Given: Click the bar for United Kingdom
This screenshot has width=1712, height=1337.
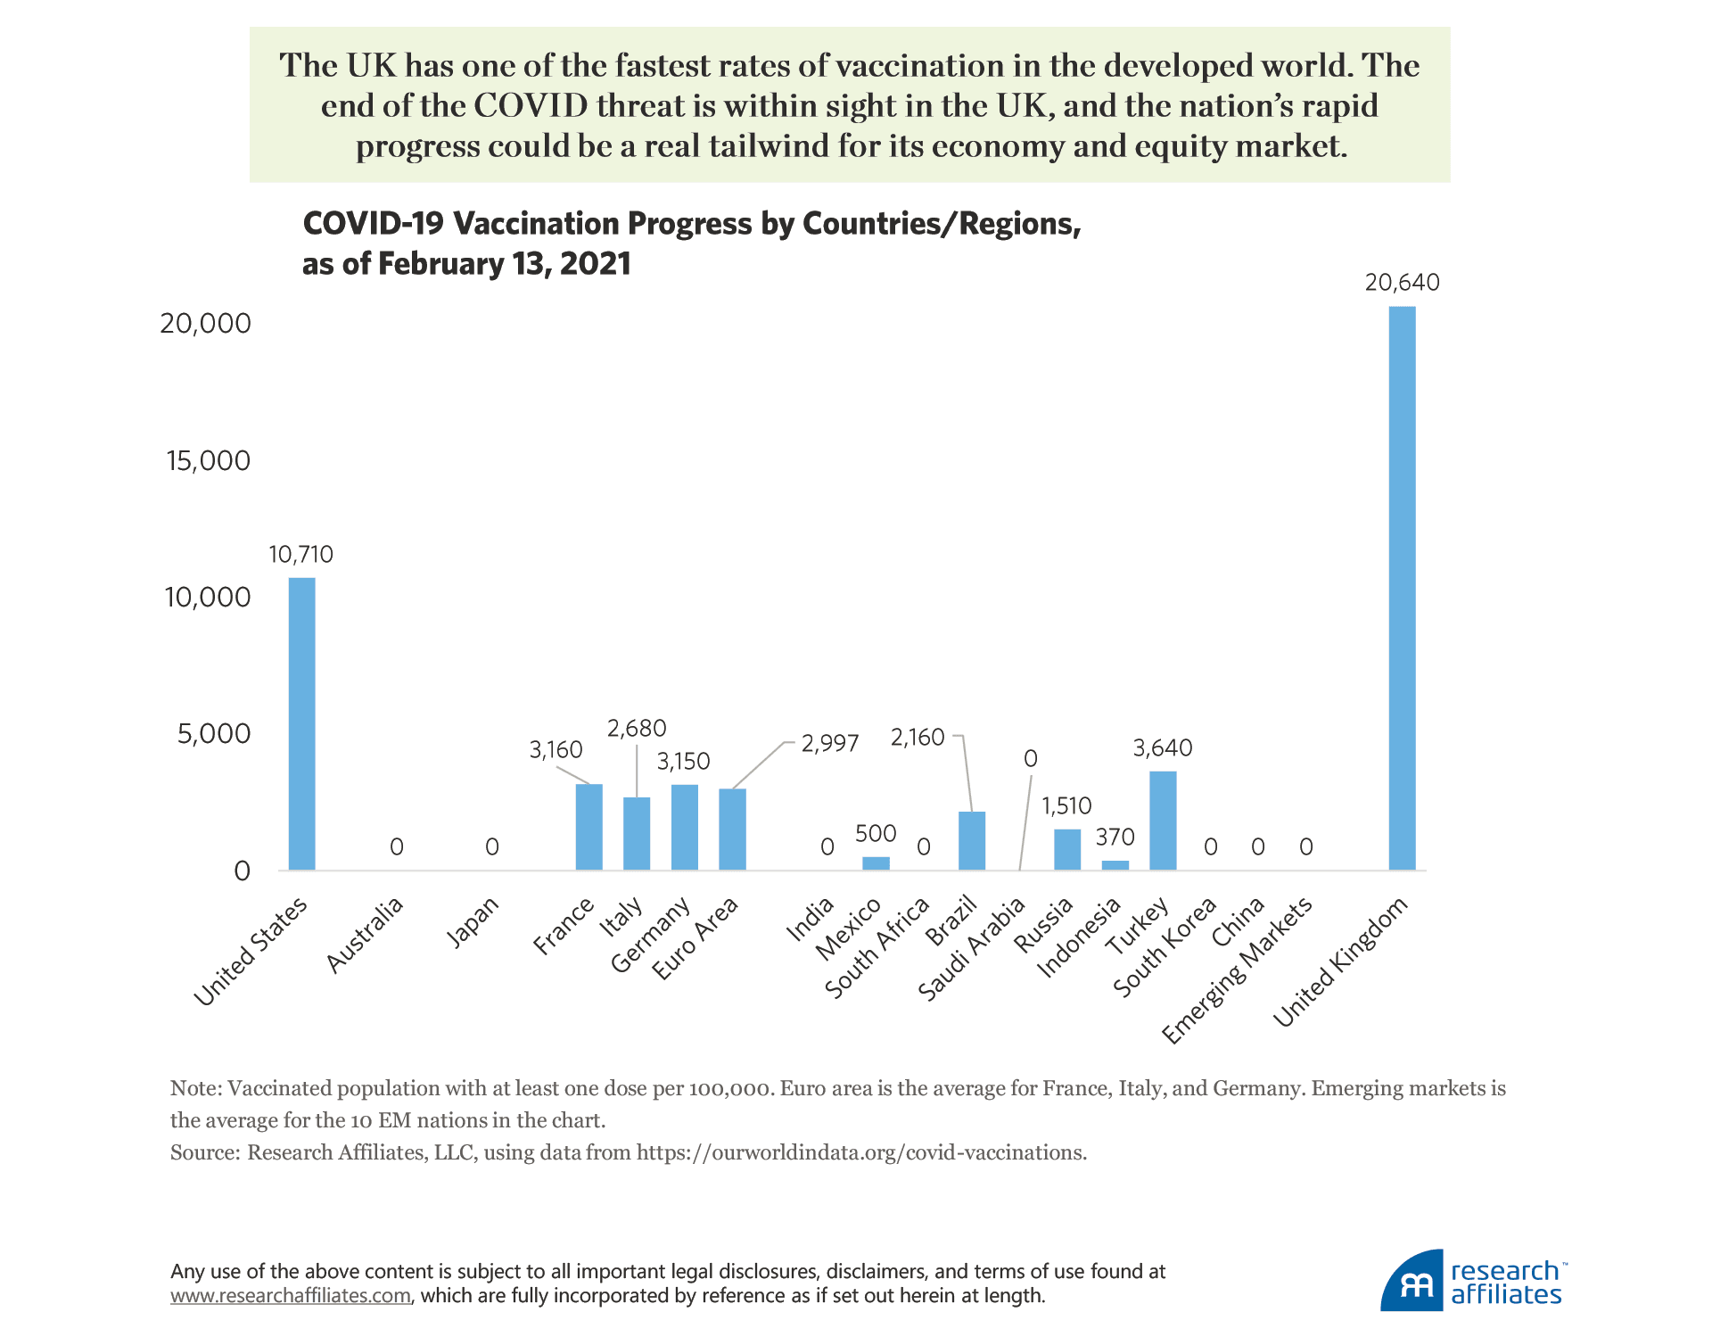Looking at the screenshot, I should click(1402, 589).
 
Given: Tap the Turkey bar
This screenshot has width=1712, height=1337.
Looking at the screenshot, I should click(1163, 821).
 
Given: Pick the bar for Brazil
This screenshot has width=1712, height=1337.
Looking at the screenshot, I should click(972, 841).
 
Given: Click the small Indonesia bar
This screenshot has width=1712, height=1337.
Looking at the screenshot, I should click(1115, 865).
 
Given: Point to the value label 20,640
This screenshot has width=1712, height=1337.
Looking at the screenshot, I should click(1402, 283).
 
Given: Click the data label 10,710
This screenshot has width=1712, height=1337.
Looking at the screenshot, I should click(301, 555).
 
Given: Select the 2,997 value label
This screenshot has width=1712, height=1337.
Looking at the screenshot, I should click(829, 744).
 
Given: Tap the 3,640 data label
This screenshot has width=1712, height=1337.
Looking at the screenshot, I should click(1163, 748).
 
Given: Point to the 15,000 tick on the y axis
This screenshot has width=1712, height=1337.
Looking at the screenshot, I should click(209, 461).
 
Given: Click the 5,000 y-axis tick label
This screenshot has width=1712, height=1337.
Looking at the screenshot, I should click(214, 734).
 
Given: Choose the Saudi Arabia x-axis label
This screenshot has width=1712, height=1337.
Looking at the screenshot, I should click(972, 950).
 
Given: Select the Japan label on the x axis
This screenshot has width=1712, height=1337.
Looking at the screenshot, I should click(473, 923).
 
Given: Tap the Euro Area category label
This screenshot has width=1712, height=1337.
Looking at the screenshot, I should click(695, 938).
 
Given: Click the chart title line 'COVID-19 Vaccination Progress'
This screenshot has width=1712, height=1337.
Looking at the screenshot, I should click(691, 224).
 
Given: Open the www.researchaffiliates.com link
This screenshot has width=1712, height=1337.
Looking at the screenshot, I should click(291, 1296).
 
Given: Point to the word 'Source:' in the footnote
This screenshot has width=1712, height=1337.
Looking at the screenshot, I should click(205, 1152).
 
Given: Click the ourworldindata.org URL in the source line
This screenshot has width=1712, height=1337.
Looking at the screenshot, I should click(860, 1152).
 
